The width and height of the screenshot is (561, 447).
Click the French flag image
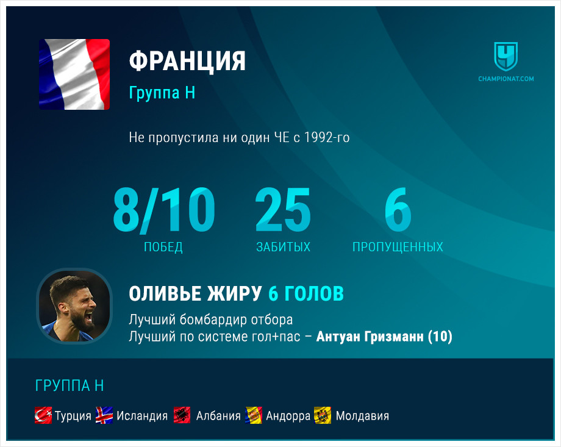tap(74, 74)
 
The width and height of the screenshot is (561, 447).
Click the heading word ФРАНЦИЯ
tap(187, 61)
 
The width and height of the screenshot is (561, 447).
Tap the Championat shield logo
tap(506, 57)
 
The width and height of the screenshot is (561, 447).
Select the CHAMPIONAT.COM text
tap(506, 79)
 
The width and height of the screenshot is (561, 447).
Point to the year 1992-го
tap(327, 137)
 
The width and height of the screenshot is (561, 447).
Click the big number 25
tap(283, 209)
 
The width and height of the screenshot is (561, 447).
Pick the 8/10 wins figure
tap(164, 210)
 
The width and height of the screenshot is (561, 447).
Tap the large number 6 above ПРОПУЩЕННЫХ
tap(398, 209)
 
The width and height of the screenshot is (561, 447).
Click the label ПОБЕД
tap(163, 247)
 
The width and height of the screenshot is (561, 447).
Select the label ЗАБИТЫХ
tap(283, 247)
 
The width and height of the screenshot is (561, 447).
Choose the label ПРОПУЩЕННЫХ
tap(398, 247)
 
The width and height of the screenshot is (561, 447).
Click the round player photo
tap(74, 306)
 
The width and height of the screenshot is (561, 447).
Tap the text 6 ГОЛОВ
tap(306, 293)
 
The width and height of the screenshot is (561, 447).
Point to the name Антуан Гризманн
tap(370, 337)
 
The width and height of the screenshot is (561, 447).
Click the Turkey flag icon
tap(43, 415)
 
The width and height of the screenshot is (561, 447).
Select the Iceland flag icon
tap(104, 415)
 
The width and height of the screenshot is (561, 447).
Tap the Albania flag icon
tap(182, 415)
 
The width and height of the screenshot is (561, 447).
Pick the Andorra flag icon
tap(254, 415)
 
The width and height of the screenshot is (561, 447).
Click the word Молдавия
tap(362, 416)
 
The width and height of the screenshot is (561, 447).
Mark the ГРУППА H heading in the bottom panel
tap(70, 386)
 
